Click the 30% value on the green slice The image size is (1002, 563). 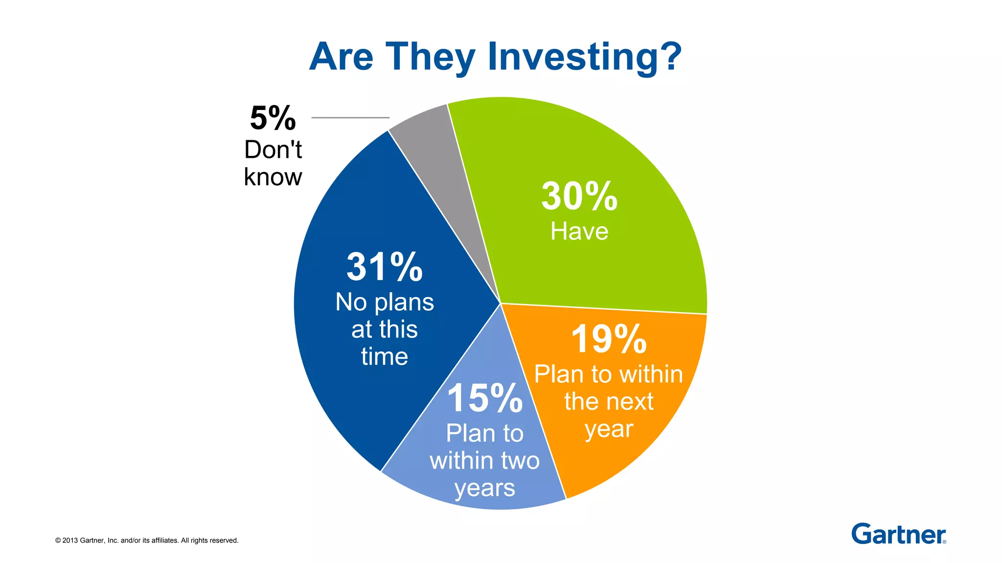(x=579, y=196)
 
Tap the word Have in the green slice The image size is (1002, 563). (x=579, y=231)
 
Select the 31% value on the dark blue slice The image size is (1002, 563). (x=385, y=267)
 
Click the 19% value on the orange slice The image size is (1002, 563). (x=609, y=339)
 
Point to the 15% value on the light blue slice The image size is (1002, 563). (x=485, y=398)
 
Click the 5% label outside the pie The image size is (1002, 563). (x=273, y=119)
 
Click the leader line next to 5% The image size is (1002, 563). (x=350, y=118)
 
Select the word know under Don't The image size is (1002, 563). (x=273, y=177)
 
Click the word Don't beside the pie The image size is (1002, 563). (x=273, y=150)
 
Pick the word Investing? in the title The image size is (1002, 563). (x=584, y=58)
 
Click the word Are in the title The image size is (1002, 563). (x=342, y=57)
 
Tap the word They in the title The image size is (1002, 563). (x=431, y=58)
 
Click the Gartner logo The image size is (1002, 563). (x=898, y=534)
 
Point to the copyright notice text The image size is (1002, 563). (x=147, y=541)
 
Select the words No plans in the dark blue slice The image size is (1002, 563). (x=385, y=303)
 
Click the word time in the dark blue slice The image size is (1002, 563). (x=385, y=356)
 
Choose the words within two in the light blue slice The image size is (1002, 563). (x=485, y=461)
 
